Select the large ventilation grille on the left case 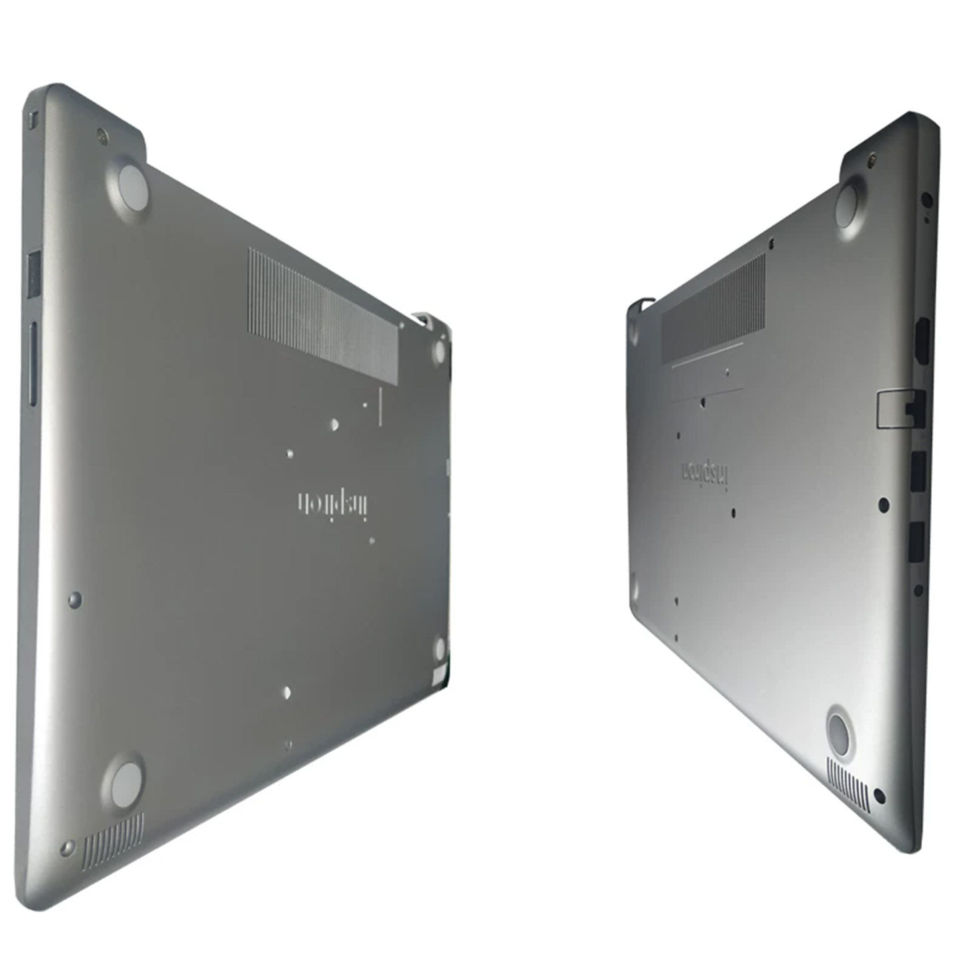coord(323,316)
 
